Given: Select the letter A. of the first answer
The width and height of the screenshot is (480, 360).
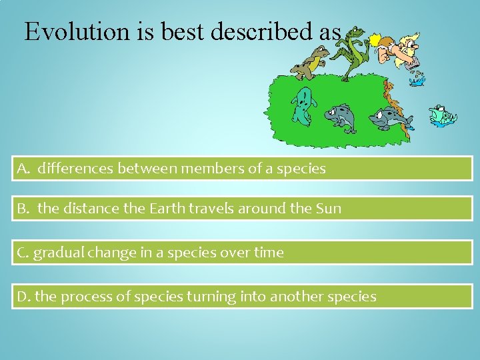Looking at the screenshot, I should pyautogui.click(x=25, y=169).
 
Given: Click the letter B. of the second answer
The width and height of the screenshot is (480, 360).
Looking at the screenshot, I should pyautogui.click(x=25, y=209).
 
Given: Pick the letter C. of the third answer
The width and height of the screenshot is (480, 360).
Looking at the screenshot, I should pyautogui.click(x=23, y=253).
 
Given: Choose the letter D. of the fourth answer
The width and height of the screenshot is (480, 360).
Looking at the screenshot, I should pyautogui.click(x=24, y=297).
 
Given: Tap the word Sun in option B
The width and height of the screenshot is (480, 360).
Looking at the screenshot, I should pyautogui.click(x=327, y=209).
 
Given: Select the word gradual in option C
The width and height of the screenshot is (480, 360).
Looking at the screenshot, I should pyautogui.click(x=57, y=253).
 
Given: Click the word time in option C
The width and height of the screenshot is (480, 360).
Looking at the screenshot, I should pyautogui.click(x=268, y=253).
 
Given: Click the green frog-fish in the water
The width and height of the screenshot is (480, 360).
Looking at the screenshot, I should pyautogui.click(x=441, y=115).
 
